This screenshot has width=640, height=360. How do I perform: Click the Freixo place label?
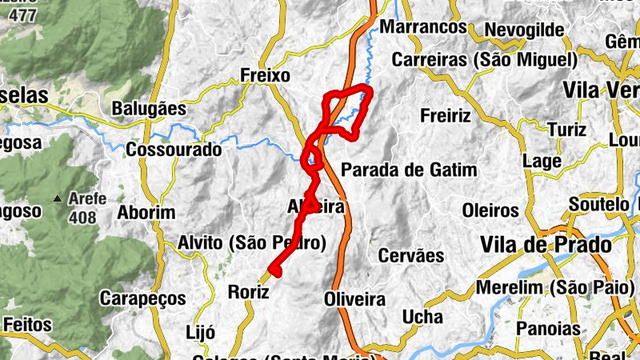(x=265, y=75)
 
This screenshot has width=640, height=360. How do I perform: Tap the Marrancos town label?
(x=423, y=27)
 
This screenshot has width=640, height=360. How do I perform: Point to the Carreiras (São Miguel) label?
(x=485, y=60)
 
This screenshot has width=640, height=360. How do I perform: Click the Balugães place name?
(x=149, y=108)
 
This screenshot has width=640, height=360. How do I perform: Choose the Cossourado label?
(x=174, y=149)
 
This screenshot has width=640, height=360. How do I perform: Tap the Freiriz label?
(x=446, y=116)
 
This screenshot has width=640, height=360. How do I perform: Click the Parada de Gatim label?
(x=409, y=170)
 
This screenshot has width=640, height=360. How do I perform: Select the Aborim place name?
(x=146, y=212)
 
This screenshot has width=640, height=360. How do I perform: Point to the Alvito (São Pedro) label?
(x=252, y=242)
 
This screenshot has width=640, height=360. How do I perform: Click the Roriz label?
(x=248, y=292)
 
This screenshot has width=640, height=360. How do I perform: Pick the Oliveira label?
(x=355, y=299)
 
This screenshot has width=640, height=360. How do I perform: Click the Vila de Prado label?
(x=546, y=244)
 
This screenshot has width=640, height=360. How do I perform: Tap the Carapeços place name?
(x=142, y=298)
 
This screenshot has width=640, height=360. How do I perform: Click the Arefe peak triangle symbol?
(x=57, y=198)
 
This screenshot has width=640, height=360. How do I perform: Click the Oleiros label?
(x=490, y=211)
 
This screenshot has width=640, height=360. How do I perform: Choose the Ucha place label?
(x=422, y=318)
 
